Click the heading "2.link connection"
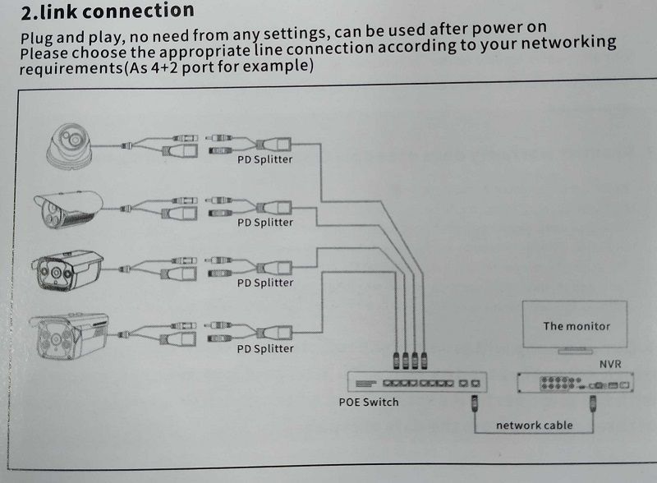107,11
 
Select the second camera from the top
67,209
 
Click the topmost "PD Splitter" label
264,159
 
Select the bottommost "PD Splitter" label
264,348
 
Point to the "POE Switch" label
369,402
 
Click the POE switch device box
418,382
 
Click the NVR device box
574,383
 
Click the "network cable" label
534,425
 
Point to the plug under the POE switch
474,403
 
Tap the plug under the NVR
594,403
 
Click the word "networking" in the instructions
568,43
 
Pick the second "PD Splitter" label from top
264,222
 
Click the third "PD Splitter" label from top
264,283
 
